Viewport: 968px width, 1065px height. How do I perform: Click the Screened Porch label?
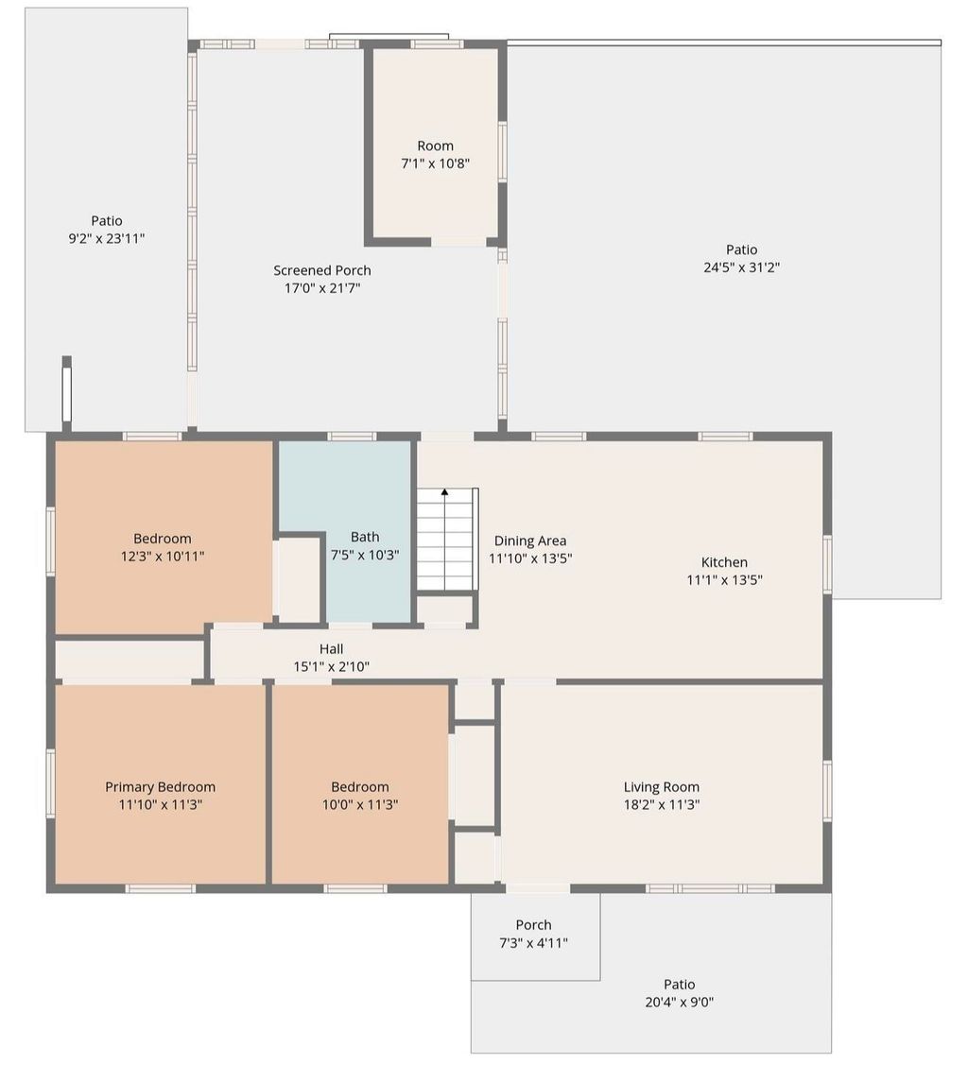(322, 270)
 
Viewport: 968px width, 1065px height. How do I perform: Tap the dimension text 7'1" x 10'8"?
(435, 163)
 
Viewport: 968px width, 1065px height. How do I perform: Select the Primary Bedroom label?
(160, 787)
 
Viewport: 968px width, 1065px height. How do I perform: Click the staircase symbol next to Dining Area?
(446, 541)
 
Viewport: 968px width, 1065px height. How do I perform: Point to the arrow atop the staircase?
(444, 492)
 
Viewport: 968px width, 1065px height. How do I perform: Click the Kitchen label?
(724, 562)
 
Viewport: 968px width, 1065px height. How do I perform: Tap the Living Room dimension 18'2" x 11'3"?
(661, 805)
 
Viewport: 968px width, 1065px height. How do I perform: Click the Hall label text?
(331, 648)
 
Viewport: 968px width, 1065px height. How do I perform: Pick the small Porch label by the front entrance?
(533, 925)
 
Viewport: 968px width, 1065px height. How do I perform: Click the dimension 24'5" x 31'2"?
(741, 267)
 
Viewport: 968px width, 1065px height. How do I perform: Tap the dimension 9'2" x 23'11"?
(106, 239)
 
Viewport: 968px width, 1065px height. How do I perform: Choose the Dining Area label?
(530, 541)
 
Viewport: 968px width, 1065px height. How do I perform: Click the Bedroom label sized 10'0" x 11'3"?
(359, 787)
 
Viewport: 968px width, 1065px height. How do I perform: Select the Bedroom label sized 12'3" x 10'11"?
(162, 539)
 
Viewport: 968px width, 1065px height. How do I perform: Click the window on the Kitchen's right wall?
(827, 564)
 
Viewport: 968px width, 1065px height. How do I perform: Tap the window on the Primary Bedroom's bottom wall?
(161, 888)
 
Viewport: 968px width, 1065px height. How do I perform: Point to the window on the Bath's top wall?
(352, 437)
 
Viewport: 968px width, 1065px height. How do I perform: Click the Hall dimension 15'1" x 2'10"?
(331, 666)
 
